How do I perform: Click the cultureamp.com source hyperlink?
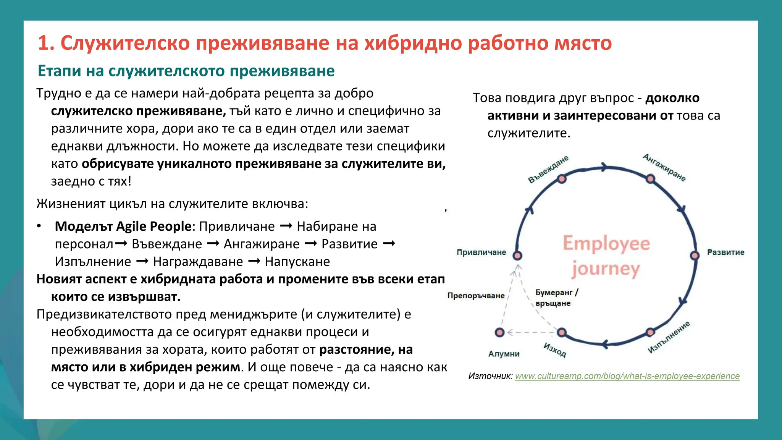(x=627, y=376)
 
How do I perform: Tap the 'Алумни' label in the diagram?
(x=504, y=354)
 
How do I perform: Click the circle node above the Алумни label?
(x=499, y=332)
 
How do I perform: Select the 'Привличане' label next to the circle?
(x=481, y=252)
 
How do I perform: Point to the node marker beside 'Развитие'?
(x=695, y=256)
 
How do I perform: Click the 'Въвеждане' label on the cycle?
(x=548, y=169)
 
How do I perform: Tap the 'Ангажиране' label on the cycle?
(x=664, y=168)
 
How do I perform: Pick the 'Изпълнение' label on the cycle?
(x=669, y=337)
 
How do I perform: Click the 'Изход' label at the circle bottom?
(x=555, y=350)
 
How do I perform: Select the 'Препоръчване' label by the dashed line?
(x=476, y=296)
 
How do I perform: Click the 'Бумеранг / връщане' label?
(x=556, y=298)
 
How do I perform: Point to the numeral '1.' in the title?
(x=46, y=43)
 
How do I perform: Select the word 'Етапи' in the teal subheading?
(x=59, y=71)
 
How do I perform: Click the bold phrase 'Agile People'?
(x=153, y=226)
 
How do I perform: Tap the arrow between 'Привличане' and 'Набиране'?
(x=286, y=226)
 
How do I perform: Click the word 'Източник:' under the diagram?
(x=490, y=376)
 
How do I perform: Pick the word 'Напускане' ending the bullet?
(x=297, y=262)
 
